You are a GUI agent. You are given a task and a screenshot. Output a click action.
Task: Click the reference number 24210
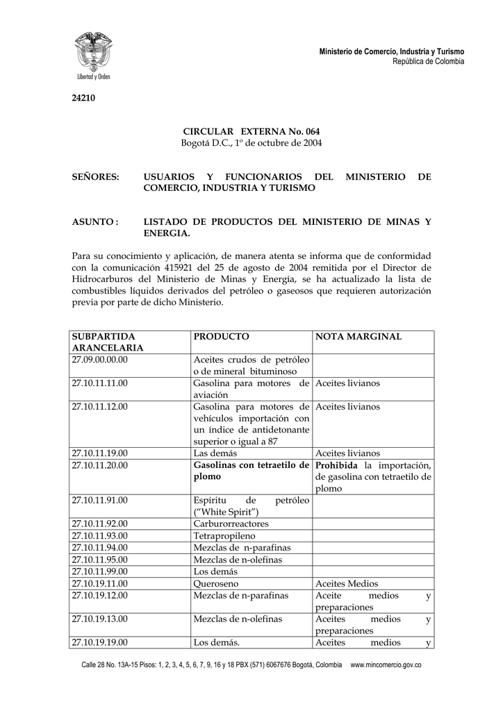[83, 98]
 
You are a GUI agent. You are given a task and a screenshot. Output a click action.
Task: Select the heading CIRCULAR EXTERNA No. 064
[251, 131]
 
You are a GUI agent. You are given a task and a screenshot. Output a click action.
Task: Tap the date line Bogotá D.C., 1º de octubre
[251, 143]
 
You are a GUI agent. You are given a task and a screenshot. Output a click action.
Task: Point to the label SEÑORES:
[96, 177]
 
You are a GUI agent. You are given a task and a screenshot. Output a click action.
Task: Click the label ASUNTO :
[96, 221]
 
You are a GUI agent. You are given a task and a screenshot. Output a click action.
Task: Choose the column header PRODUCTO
[221, 336]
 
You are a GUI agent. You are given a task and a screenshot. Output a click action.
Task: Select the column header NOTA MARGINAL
[358, 336]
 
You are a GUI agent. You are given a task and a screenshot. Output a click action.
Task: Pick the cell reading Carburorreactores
[231, 524]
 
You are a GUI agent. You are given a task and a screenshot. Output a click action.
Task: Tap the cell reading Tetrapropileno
[224, 535]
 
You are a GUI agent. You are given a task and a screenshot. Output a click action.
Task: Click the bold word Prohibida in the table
[336, 465]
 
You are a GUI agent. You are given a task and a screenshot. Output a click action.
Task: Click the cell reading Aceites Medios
[347, 583]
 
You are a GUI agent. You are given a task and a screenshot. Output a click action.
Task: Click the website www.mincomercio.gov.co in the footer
[386, 665]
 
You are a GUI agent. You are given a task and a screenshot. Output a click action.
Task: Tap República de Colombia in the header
[428, 62]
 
